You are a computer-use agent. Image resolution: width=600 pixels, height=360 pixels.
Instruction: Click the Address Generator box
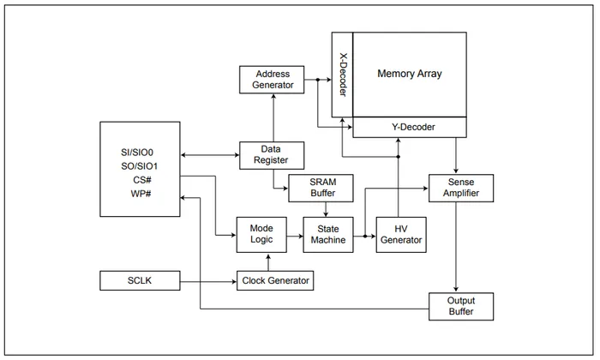(x=273, y=80)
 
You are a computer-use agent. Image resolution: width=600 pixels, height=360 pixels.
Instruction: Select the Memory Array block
(x=410, y=74)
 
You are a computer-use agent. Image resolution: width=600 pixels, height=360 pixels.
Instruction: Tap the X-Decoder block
(x=342, y=75)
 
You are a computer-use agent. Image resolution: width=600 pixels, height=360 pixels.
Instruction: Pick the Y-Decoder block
(x=413, y=128)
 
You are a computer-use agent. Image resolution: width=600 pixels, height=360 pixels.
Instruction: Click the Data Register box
(x=271, y=154)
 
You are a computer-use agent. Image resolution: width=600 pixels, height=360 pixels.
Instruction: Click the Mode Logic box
(x=261, y=234)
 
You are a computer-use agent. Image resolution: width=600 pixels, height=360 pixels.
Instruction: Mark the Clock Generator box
(x=274, y=280)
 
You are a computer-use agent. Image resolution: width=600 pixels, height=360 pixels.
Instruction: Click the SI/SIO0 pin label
(x=137, y=153)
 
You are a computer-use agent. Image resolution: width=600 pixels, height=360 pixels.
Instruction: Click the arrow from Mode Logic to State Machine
(x=294, y=234)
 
